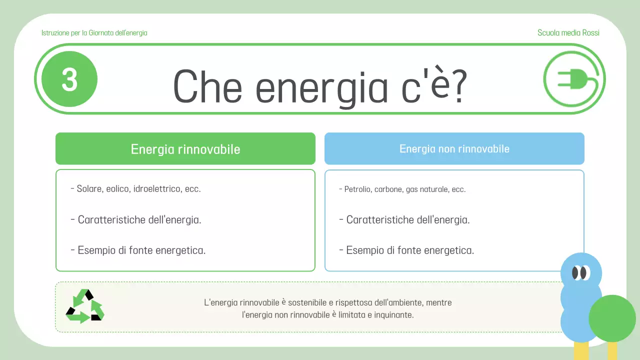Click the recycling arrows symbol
pyautogui.click(x=85, y=306)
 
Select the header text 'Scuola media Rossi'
pyautogui.click(x=568, y=33)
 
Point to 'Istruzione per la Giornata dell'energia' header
pyautogui.click(x=94, y=33)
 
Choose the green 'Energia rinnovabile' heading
pyautogui.click(x=185, y=149)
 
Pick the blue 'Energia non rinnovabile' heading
pyautogui.click(x=454, y=148)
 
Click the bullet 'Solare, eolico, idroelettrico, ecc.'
pyautogui.click(x=138, y=189)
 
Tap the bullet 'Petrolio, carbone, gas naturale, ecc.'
pyautogui.click(x=404, y=189)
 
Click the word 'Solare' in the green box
pyautogui.click(x=88, y=189)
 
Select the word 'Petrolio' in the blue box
pyautogui.click(x=358, y=189)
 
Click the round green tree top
pyautogui.click(x=612, y=318)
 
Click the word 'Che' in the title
pyautogui.click(x=207, y=88)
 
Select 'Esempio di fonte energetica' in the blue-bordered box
pyautogui.click(x=409, y=250)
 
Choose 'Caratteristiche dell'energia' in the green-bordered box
pyautogui.click(x=139, y=219)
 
